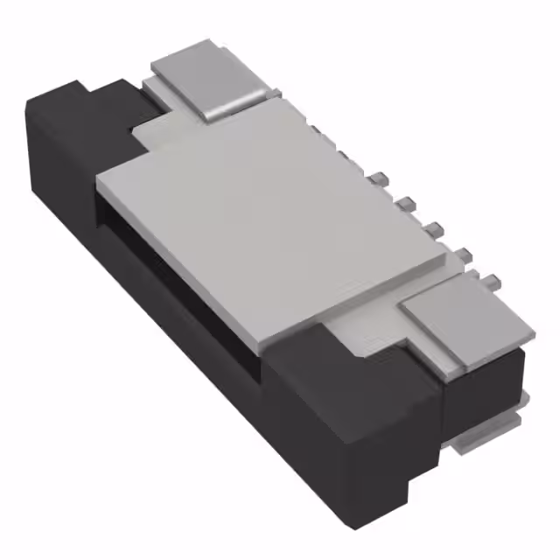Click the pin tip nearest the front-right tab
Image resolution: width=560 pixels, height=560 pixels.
(492, 282)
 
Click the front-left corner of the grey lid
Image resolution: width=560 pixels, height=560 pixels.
(99, 179)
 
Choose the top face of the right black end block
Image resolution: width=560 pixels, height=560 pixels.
(350, 367)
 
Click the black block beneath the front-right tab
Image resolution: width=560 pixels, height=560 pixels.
(481, 385)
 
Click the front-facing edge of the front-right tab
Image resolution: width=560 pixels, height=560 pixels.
(486, 350)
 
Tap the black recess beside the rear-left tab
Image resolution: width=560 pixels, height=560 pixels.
(118, 105)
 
